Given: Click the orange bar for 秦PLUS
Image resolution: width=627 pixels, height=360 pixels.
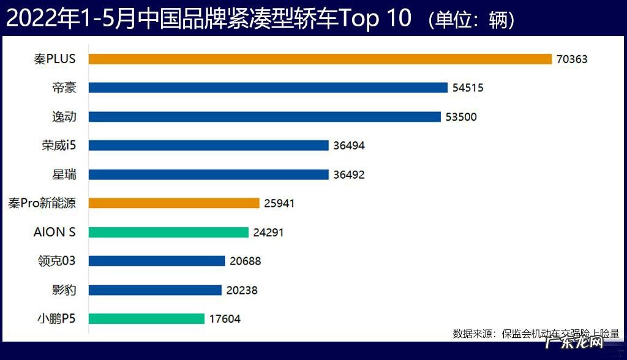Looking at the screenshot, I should (320, 59).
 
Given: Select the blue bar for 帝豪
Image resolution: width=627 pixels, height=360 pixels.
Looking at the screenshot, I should (268, 88).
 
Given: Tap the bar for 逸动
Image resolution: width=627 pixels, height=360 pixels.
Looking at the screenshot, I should (265, 116).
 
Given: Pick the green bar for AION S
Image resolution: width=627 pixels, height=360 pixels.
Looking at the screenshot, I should (168, 232).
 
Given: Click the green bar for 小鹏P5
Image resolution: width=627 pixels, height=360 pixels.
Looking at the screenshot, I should (146, 318).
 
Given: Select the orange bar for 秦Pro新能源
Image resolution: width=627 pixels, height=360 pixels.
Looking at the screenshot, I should (174, 203).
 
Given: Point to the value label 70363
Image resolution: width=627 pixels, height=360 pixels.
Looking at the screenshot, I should (573, 59).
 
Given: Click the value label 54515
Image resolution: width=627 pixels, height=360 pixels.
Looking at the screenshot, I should (468, 88).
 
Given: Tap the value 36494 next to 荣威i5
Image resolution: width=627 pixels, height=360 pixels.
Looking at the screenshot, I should (350, 145).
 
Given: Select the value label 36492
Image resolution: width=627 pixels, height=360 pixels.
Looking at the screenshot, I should (350, 174).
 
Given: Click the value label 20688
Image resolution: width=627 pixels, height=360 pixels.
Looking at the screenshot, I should (246, 261).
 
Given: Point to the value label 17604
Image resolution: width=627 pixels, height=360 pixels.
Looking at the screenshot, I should (225, 318).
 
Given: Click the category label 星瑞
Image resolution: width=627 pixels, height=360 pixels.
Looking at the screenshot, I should (64, 174).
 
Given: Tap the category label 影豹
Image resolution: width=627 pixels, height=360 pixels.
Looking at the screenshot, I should (64, 290).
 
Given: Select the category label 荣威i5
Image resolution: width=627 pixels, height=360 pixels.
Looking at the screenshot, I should (56, 145).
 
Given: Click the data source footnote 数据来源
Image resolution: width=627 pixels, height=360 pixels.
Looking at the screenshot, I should (536, 334).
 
